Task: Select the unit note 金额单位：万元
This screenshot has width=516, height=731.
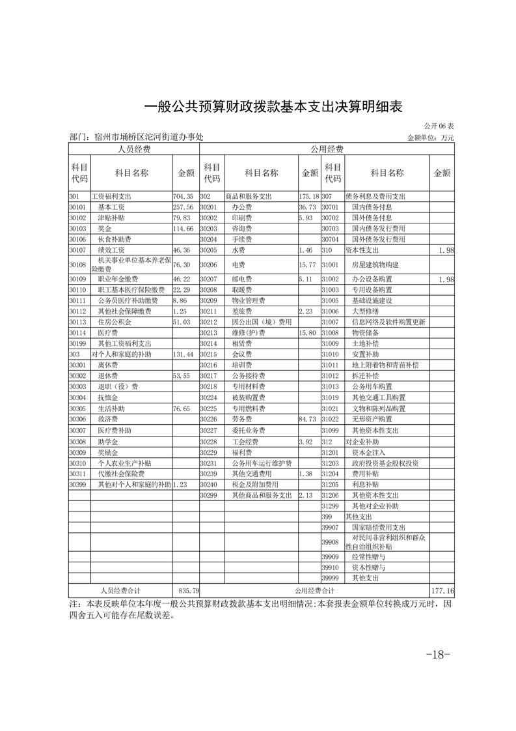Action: pyautogui.click(x=430, y=138)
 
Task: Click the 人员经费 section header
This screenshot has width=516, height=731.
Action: pyautogui.click(x=134, y=149)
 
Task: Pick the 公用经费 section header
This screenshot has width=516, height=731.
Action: pyautogui.click(x=327, y=149)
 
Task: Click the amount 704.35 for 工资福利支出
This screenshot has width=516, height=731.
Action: pyautogui.click(x=183, y=196)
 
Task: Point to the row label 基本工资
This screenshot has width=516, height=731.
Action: pyautogui.click(x=111, y=207)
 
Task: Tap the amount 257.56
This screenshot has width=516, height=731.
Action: pyautogui.click(x=183, y=207)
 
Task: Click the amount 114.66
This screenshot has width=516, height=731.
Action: pyautogui.click(x=183, y=229)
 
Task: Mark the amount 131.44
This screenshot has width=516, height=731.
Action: pyautogui.click(x=183, y=354)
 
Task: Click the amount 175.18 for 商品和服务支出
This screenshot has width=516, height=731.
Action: pyautogui.click(x=308, y=196)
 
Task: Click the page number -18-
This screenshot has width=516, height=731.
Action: pyautogui.click(x=437, y=654)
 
